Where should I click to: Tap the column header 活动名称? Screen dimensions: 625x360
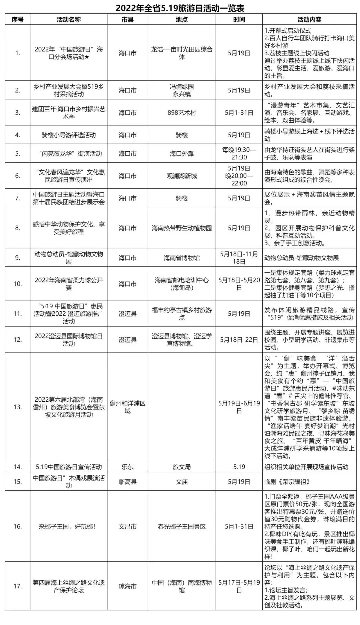pyautogui.click(x=69, y=20)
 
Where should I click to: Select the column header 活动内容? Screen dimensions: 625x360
pyautogui.click(x=309, y=20)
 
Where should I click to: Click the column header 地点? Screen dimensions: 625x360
pyautogui.click(x=182, y=20)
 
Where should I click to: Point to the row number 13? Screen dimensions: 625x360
pyautogui.click(x=17, y=407)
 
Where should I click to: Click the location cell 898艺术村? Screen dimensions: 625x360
pyautogui.click(x=182, y=113)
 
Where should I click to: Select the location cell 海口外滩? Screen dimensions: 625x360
pyautogui.click(x=182, y=154)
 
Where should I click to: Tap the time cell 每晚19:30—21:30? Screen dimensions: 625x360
pyautogui.click(x=239, y=154)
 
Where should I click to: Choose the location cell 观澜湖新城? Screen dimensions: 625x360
pyautogui.click(x=182, y=176)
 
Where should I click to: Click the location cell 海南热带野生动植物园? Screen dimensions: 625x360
pyautogui.click(x=182, y=228)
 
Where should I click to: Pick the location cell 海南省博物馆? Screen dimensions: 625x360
pyautogui.click(x=182, y=258)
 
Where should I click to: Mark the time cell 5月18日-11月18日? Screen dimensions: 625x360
pyautogui.click(x=239, y=258)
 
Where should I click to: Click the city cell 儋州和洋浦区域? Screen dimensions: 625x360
pyautogui.click(x=127, y=407)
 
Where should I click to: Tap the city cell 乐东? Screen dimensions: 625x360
pyautogui.click(x=127, y=467)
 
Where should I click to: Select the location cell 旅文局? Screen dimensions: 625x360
pyautogui.click(x=182, y=467)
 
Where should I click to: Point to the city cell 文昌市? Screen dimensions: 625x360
pyautogui.click(x=127, y=527)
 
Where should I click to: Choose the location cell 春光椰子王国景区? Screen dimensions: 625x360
pyautogui.click(x=182, y=527)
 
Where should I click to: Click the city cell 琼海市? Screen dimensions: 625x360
pyautogui.click(x=127, y=586)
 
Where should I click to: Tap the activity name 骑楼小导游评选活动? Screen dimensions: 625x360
pyautogui.click(x=69, y=135)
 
